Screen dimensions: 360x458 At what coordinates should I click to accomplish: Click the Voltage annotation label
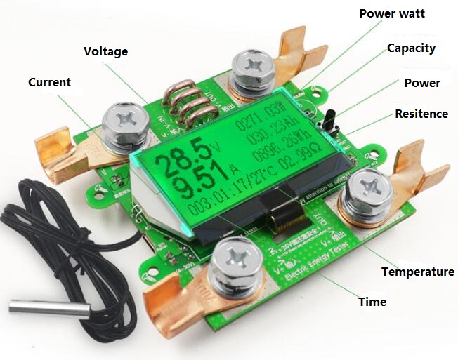tap(106, 52)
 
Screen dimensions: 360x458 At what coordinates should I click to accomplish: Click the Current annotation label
tap(49, 83)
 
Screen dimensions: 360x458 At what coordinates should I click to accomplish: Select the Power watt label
tap(392, 13)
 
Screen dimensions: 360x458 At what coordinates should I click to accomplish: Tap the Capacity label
tap(411, 48)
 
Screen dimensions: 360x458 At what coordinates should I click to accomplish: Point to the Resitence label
tap(421, 114)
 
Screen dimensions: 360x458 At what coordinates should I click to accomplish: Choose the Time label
tap(372, 302)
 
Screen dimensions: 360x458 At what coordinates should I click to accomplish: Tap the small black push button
tap(330, 121)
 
